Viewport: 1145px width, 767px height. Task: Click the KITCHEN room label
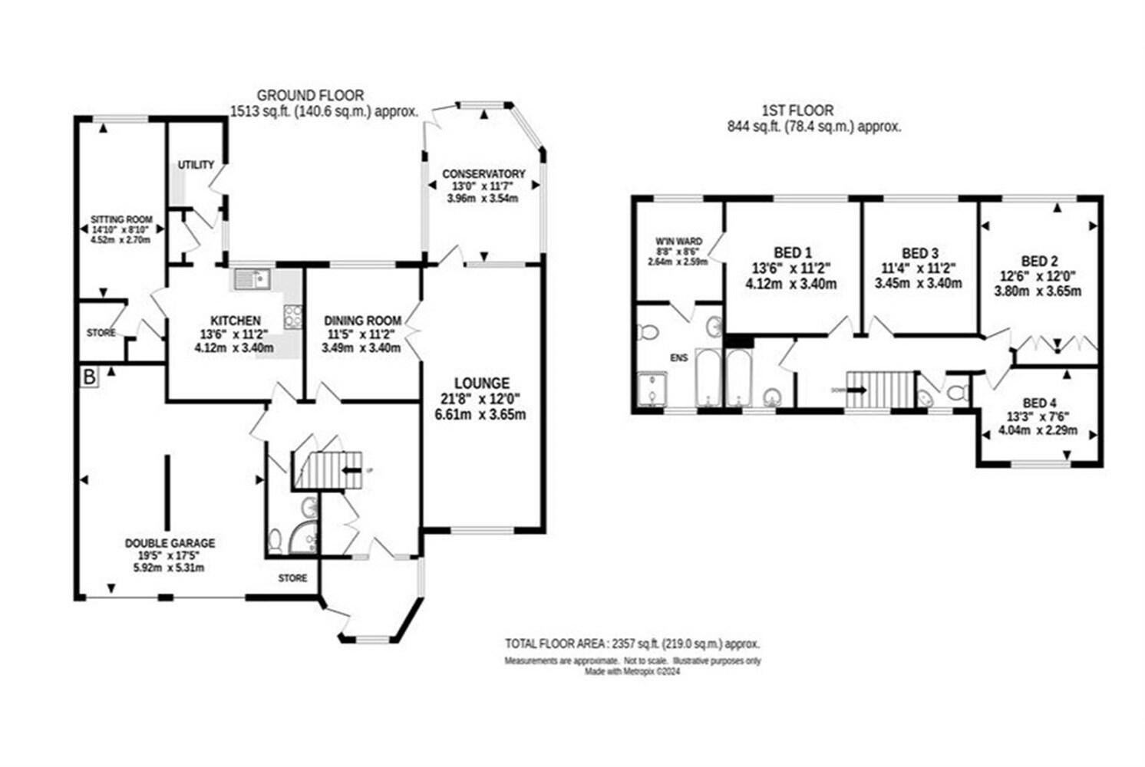coord(236,321)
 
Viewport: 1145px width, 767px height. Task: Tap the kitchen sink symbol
coord(251,279)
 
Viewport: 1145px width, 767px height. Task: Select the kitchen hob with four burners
coord(293,316)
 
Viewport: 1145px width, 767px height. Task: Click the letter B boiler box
coord(89,377)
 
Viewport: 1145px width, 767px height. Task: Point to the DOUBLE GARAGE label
coord(170,543)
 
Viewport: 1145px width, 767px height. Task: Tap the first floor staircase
coord(881,389)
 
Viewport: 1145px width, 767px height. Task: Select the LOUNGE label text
coord(481,383)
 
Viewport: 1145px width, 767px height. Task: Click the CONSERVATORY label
coord(483,174)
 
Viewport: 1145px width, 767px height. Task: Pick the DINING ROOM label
coord(362,321)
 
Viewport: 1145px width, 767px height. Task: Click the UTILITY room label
coord(196,165)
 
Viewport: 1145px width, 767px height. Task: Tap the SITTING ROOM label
coord(121,219)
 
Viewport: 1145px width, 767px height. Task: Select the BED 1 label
coord(793,252)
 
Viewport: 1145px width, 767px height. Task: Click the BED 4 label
coord(1039,403)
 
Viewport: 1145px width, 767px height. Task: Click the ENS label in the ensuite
coord(679,357)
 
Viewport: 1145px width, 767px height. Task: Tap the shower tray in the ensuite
coord(652,388)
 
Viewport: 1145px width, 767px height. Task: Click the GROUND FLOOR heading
coord(310,95)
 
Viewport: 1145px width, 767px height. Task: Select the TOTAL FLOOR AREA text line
coord(632,644)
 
